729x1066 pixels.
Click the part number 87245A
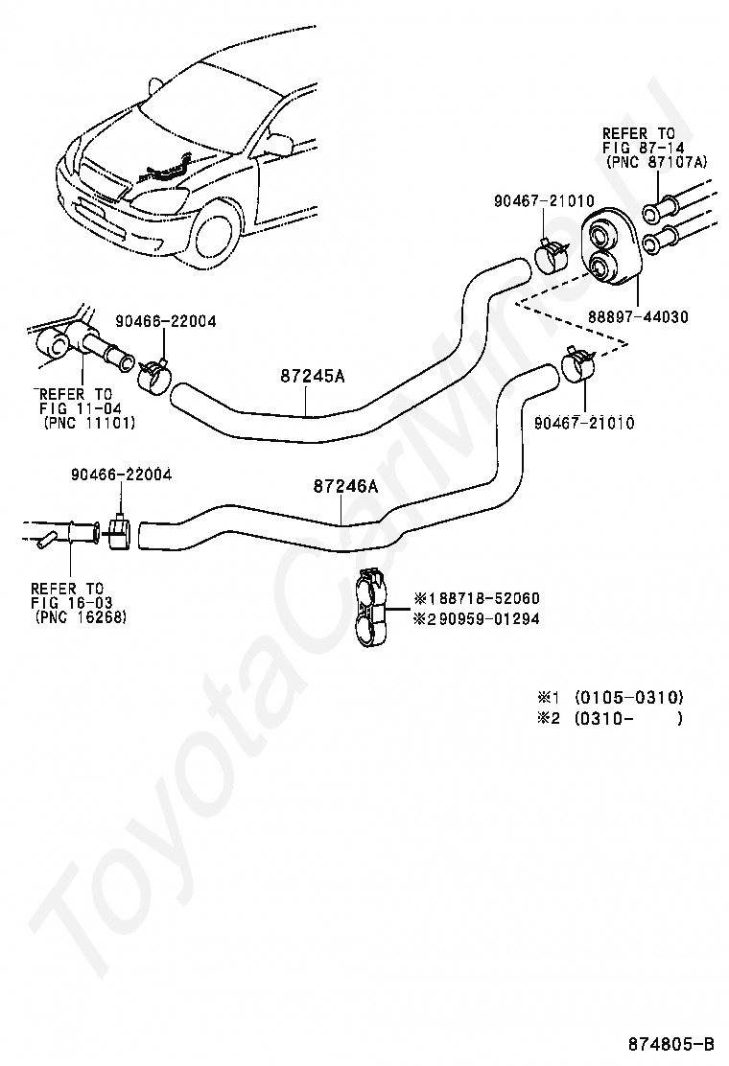coord(312,376)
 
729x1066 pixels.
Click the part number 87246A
coord(345,487)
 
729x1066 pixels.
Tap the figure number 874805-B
coord(671,1043)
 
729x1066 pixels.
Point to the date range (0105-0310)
coord(629,697)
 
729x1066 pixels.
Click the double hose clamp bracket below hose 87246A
coord(372,609)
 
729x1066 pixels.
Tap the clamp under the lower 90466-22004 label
coord(120,533)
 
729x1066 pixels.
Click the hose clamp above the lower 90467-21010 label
coord(576,365)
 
